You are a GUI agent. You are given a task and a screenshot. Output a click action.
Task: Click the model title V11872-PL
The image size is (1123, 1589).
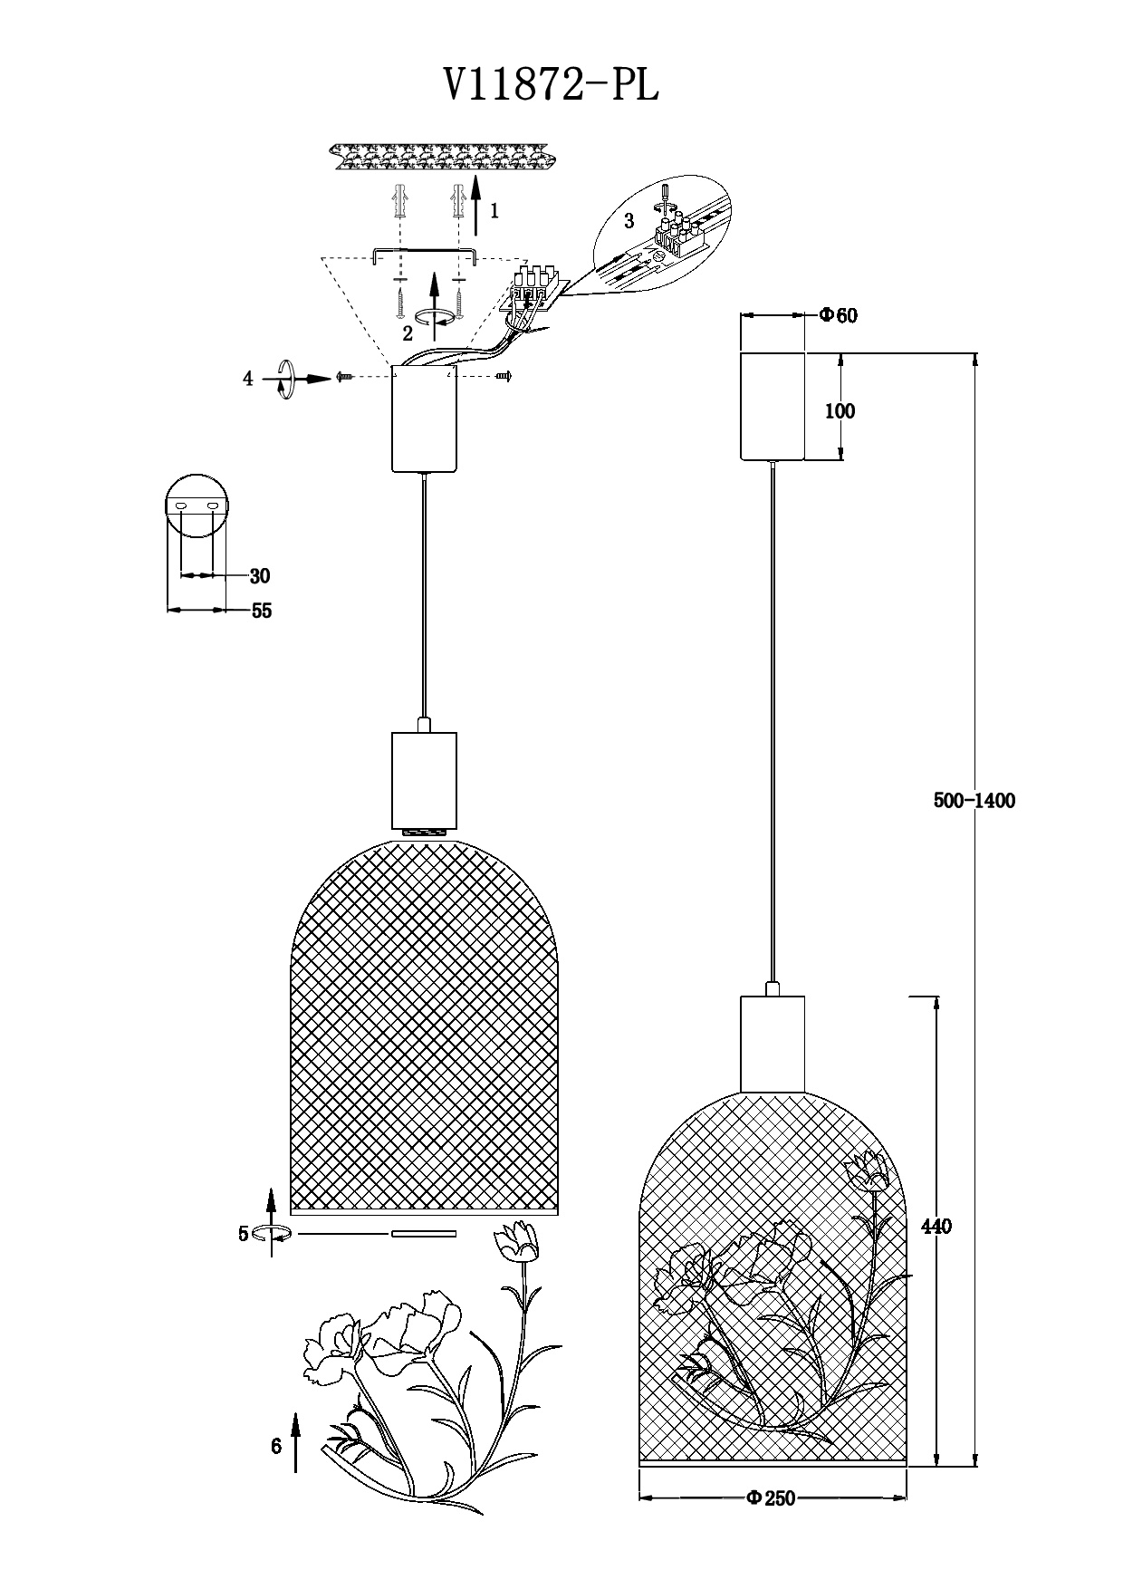[x=551, y=86]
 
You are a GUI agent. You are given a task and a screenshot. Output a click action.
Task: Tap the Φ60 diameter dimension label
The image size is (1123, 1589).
[x=839, y=315]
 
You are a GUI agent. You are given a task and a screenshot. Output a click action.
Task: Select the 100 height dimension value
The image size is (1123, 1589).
[x=840, y=410]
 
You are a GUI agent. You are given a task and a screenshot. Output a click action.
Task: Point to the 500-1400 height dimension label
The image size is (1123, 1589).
[x=974, y=800]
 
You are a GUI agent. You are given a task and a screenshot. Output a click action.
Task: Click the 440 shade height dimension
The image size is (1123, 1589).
[x=936, y=1226]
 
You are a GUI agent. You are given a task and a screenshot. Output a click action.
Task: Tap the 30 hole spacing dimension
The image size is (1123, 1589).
[x=260, y=575]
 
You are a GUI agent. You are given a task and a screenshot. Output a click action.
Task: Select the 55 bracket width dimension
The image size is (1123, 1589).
[x=261, y=611]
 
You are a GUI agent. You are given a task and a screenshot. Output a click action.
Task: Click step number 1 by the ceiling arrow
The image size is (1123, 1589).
[x=494, y=211]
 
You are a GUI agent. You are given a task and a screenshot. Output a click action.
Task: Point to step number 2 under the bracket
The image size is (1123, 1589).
[x=408, y=332]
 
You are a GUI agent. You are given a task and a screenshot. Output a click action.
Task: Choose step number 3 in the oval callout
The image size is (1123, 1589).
[x=629, y=221]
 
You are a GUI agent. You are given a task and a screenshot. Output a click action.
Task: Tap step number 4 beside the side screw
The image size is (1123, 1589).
[x=248, y=379]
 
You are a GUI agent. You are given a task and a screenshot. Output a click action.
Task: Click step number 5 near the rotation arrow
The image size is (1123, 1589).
[x=244, y=1233]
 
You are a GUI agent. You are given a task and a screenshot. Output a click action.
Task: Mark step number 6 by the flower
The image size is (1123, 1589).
[x=276, y=1446]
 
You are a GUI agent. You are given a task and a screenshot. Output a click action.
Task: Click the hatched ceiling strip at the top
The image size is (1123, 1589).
[x=441, y=158]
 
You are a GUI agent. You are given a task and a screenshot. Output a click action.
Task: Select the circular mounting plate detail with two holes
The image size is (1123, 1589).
[x=197, y=505]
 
